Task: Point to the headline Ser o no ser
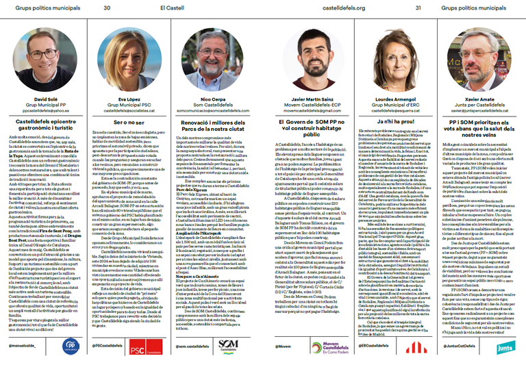(x=131, y=121)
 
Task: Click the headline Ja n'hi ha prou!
(x=393, y=121)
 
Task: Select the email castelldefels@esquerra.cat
(x=393, y=110)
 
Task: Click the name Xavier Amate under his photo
(x=479, y=99)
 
